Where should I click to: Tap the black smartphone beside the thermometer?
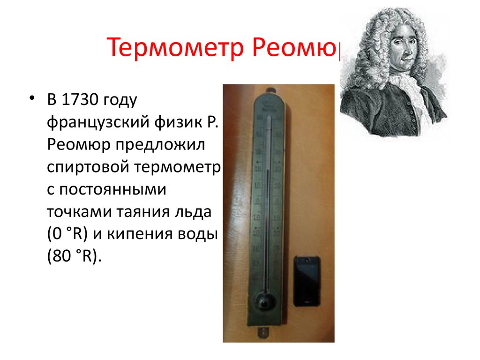pos(307,281)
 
